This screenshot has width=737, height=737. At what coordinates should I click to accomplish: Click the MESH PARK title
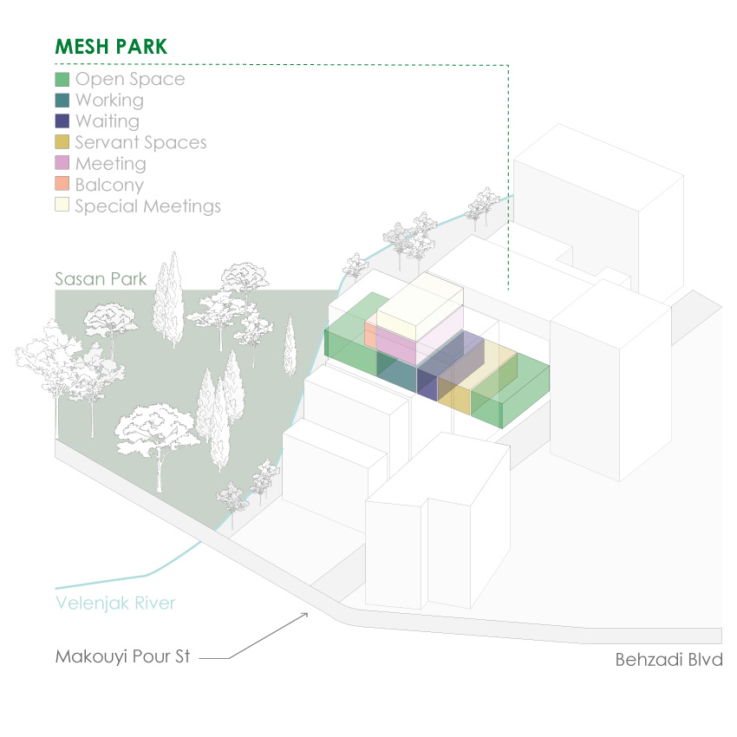coord(110,47)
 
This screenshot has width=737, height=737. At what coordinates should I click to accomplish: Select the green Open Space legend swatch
coord(62,79)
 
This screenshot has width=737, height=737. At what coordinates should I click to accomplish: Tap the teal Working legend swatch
coord(62,101)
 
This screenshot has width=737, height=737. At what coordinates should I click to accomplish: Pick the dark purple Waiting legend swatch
coord(62,121)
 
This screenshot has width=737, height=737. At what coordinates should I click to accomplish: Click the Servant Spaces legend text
coord(140,142)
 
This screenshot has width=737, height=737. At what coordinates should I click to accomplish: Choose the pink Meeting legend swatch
coord(62,163)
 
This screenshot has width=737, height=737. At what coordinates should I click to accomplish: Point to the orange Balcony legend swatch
coord(62,184)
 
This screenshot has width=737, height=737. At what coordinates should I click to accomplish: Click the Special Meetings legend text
coord(147,205)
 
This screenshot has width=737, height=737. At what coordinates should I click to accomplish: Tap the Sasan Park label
coord(101,278)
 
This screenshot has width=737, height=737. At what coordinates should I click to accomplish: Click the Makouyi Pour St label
coord(122,655)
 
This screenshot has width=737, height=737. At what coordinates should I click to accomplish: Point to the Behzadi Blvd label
coord(669,659)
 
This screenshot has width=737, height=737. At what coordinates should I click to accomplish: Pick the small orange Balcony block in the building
coord(370,334)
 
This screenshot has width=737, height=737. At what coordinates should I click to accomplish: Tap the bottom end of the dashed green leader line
coord(508,288)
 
